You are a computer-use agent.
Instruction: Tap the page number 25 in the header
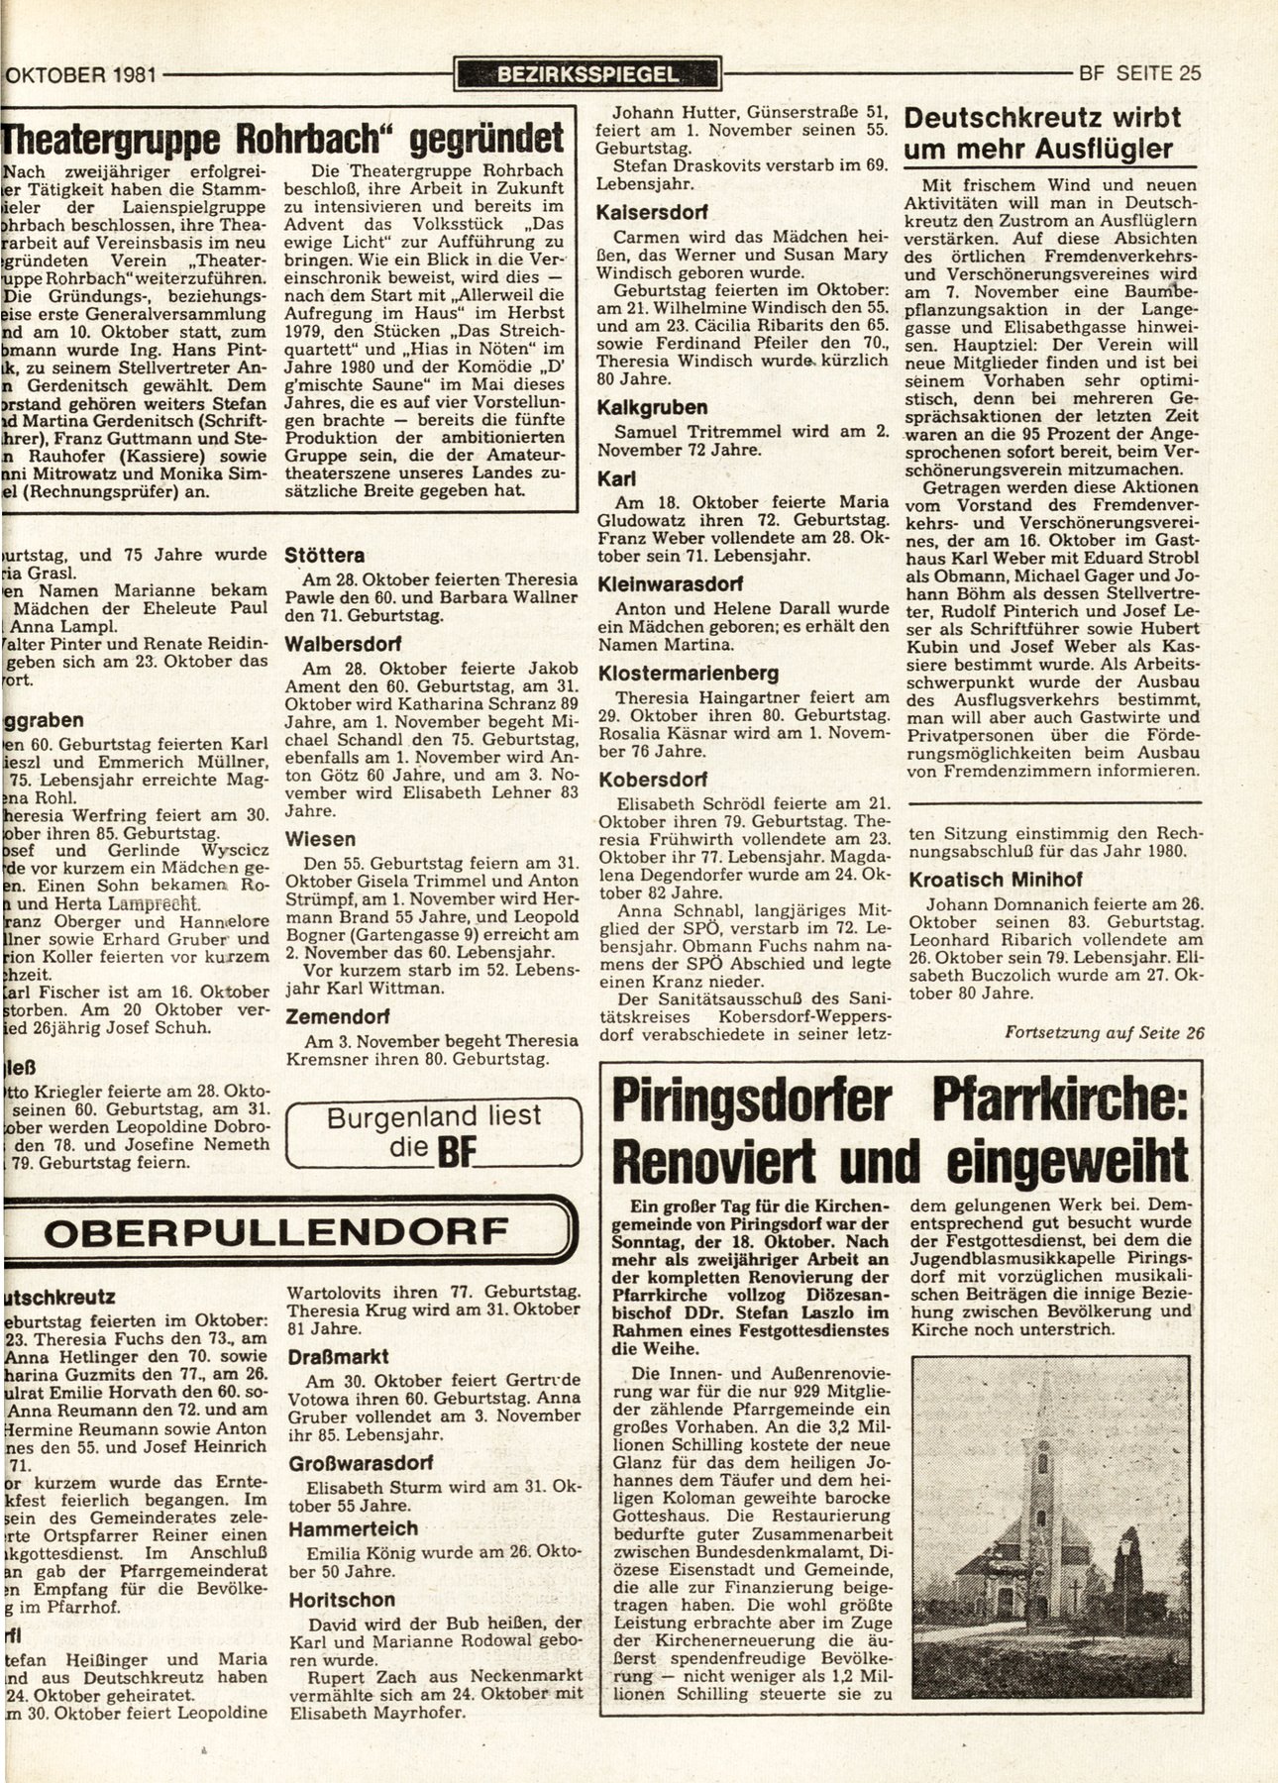(x=1190, y=73)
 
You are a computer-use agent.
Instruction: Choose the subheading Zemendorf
(x=336, y=1016)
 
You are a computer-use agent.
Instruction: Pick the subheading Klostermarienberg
(x=688, y=674)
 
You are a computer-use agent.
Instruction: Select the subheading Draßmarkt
(x=339, y=1356)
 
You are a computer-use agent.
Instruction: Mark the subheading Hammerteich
(x=354, y=1528)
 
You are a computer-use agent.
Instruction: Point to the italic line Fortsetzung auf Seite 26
(x=1105, y=1032)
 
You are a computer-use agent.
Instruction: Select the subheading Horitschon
(x=342, y=1599)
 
